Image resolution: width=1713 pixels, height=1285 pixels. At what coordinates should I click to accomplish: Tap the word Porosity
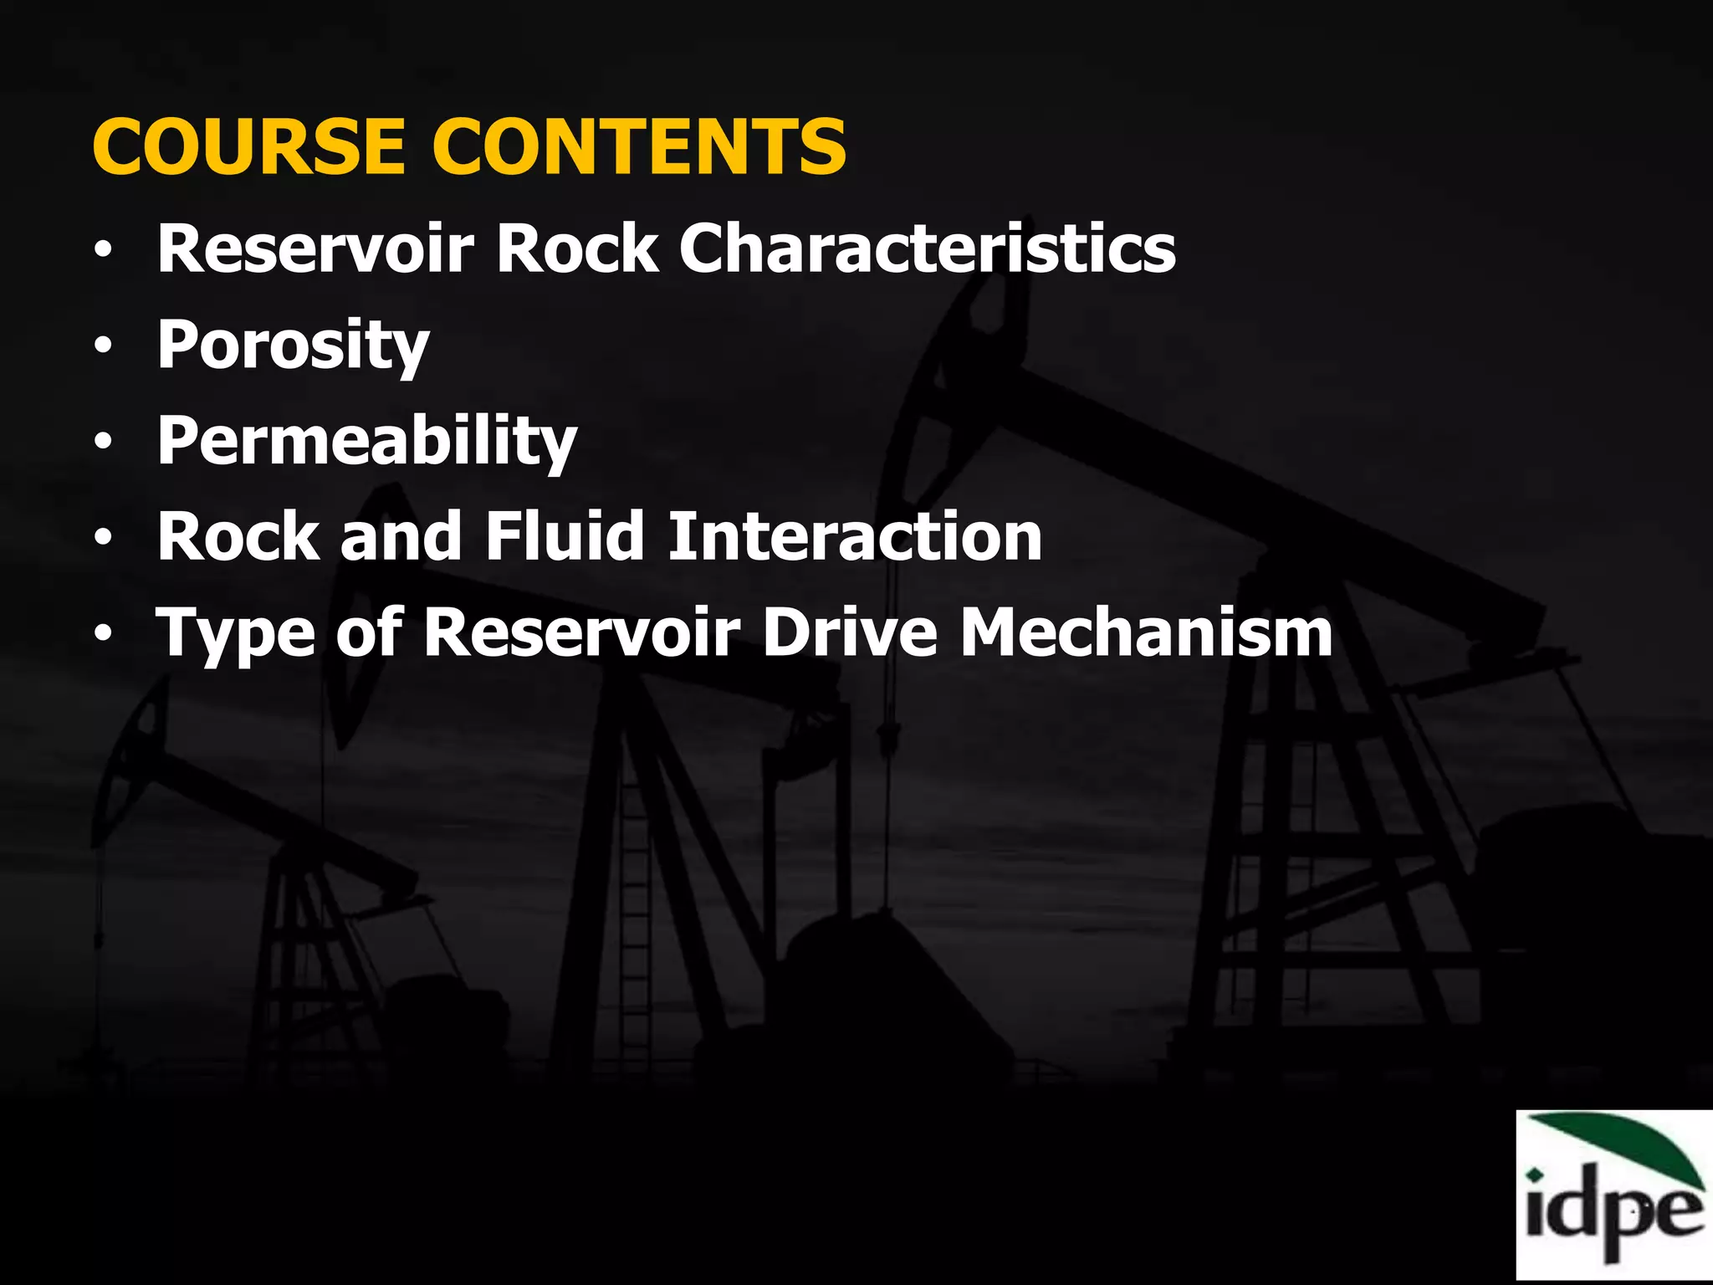[x=293, y=346]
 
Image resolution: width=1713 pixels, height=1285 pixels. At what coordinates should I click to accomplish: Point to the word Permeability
[x=367, y=441]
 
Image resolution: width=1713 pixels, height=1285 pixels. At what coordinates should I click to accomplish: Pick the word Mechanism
[x=1146, y=632]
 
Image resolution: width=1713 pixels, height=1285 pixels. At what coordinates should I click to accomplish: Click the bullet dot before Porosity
[x=102, y=346]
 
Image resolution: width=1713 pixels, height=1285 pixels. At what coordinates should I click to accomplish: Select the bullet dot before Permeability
[x=102, y=441]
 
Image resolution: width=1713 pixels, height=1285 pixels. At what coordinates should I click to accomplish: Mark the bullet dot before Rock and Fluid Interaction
[x=102, y=537]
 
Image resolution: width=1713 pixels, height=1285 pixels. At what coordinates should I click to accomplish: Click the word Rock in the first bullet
[x=577, y=248]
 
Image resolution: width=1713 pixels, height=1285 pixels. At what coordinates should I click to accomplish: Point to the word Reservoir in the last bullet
[x=581, y=632]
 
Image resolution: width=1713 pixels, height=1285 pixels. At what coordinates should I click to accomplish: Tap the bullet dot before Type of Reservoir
[x=102, y=633]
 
